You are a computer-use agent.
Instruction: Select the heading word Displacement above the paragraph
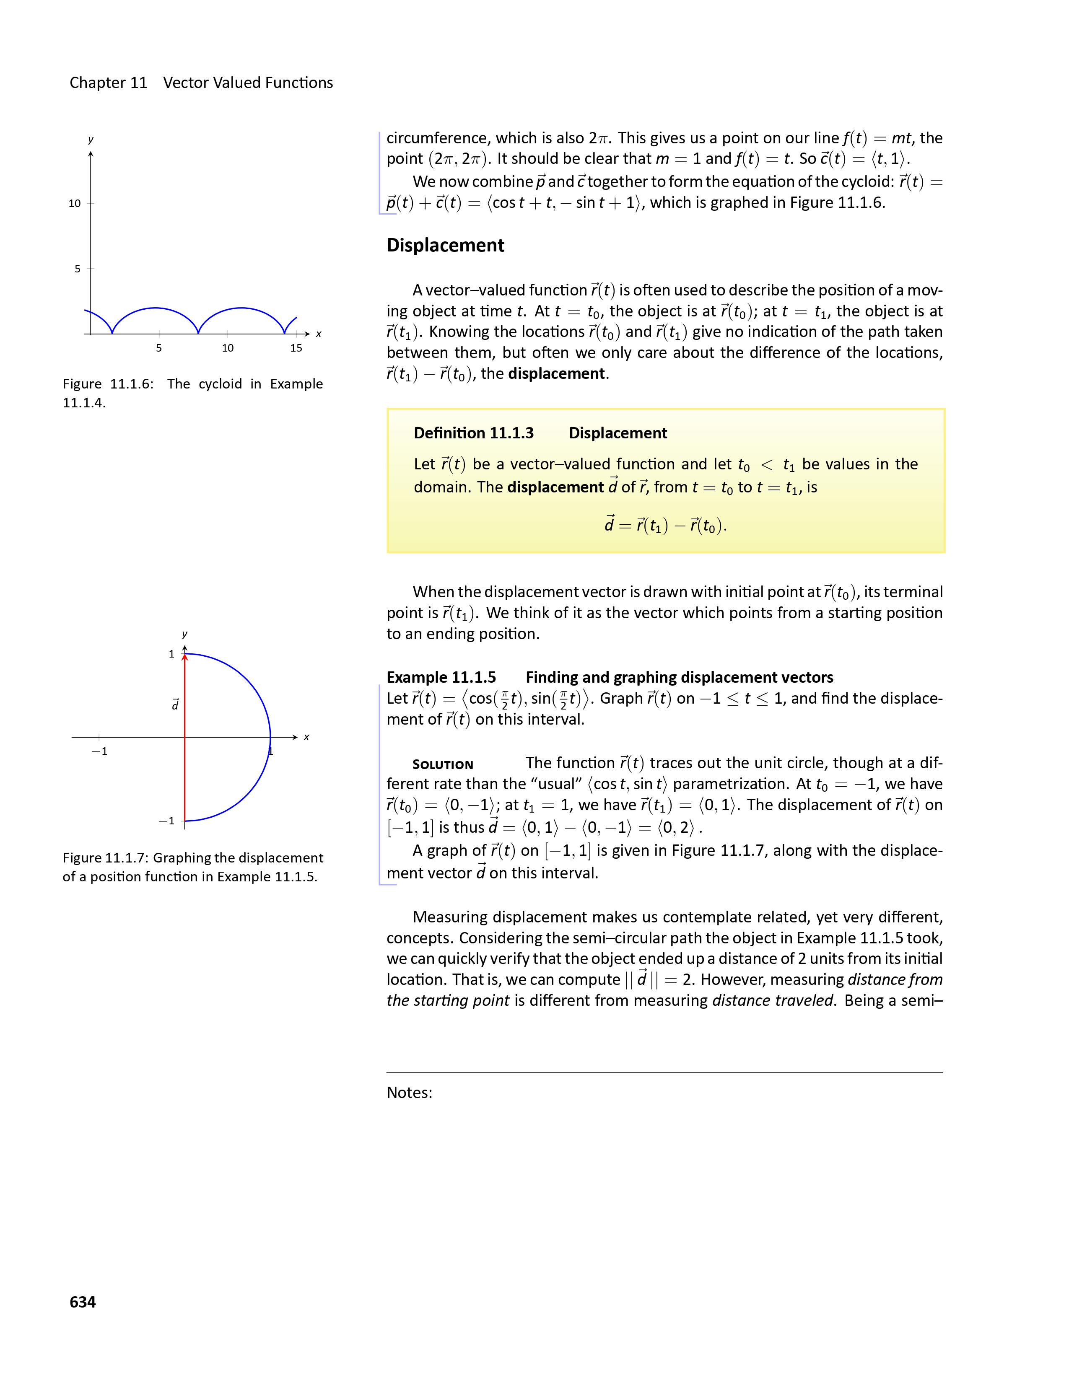tap(445, 245)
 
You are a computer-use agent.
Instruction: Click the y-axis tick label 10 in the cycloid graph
tap(75, 203)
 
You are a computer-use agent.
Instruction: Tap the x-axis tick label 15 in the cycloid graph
tap(296, 348)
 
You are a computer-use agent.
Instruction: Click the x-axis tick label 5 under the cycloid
tap(159, 348)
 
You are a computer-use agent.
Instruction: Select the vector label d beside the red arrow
tap(175, 704)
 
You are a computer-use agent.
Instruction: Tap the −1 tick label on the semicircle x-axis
tap(99, 752)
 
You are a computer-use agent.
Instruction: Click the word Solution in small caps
tap(443, 764)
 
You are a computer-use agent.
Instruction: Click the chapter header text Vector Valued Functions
tap(248, 83)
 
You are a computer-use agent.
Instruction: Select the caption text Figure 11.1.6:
tap(108, 384)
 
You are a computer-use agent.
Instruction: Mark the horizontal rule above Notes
tap(664, 1073)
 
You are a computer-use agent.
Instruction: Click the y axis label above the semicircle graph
tap(184, 634)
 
